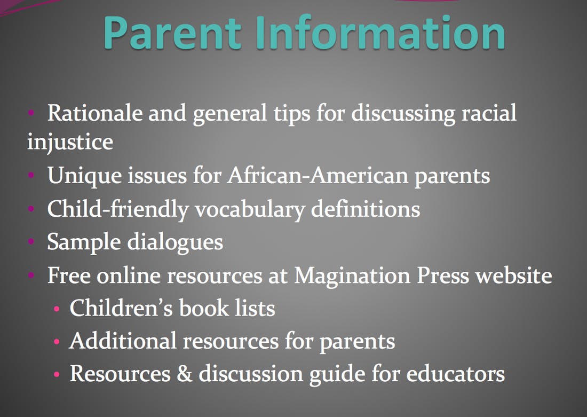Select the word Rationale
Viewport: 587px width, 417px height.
pyautogui.click(x=95, y=113)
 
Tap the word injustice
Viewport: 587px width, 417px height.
pyautogui.click(x=70, y=143)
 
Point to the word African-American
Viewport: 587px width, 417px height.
pyautogui.click(x=318, y=175)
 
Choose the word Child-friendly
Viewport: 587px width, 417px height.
pyautogui.click(x=118, y=209)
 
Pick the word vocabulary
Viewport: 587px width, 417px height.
pyautogui.click(x=250, y=209)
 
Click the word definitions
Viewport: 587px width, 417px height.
pyautogui.click(x=366, y=208)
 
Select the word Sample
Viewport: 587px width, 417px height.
pyautogui.click(x=84, y=242)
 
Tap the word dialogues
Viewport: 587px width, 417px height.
pyautogui.click(x=175, y=242)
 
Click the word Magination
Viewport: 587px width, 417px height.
pyautogui.click(x=352, y=276)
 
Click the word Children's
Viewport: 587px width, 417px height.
pyautogui.click(x=121, y=308)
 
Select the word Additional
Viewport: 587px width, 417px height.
pyautogui.click(x=123, y=341)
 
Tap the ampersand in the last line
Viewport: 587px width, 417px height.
pyautogui.click(x=185, y=374)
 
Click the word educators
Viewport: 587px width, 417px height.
pyautogui.click(x=456, y=374)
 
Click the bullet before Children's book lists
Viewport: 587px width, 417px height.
pyautogui.click(x=57, y=309)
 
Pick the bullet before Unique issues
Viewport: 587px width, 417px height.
pyautogui.click(x=31, y=175)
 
